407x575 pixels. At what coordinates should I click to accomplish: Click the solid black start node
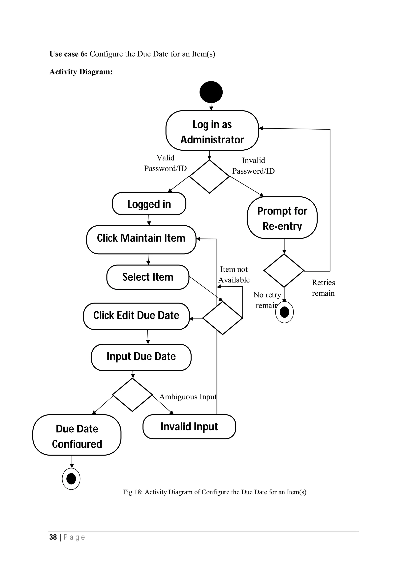click(211, 92)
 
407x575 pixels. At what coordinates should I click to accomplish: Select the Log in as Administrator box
click(212, 131)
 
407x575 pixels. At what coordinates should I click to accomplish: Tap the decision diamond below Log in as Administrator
click(209, 177)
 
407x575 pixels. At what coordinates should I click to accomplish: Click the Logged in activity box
click(149, 204)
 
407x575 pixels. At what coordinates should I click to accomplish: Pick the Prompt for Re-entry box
click(282, 218)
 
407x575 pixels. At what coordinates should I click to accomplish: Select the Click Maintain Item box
click(141, 240)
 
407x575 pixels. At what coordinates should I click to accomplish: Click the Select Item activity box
click(148, 277)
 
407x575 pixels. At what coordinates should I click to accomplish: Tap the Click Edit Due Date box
click(136, 316)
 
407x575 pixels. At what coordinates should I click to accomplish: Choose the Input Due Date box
click(141, 357)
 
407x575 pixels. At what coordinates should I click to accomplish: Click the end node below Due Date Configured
click(71, 479)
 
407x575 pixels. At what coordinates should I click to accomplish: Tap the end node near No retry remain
click(284, 312)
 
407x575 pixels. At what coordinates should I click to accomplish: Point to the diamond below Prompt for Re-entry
click(284, 270)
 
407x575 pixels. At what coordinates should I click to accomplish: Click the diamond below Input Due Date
click(132, 395)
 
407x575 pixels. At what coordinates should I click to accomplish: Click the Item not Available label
click(234, 274)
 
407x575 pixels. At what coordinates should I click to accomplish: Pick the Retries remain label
click(323, 287)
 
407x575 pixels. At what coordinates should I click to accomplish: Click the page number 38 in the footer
click(53, 537)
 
